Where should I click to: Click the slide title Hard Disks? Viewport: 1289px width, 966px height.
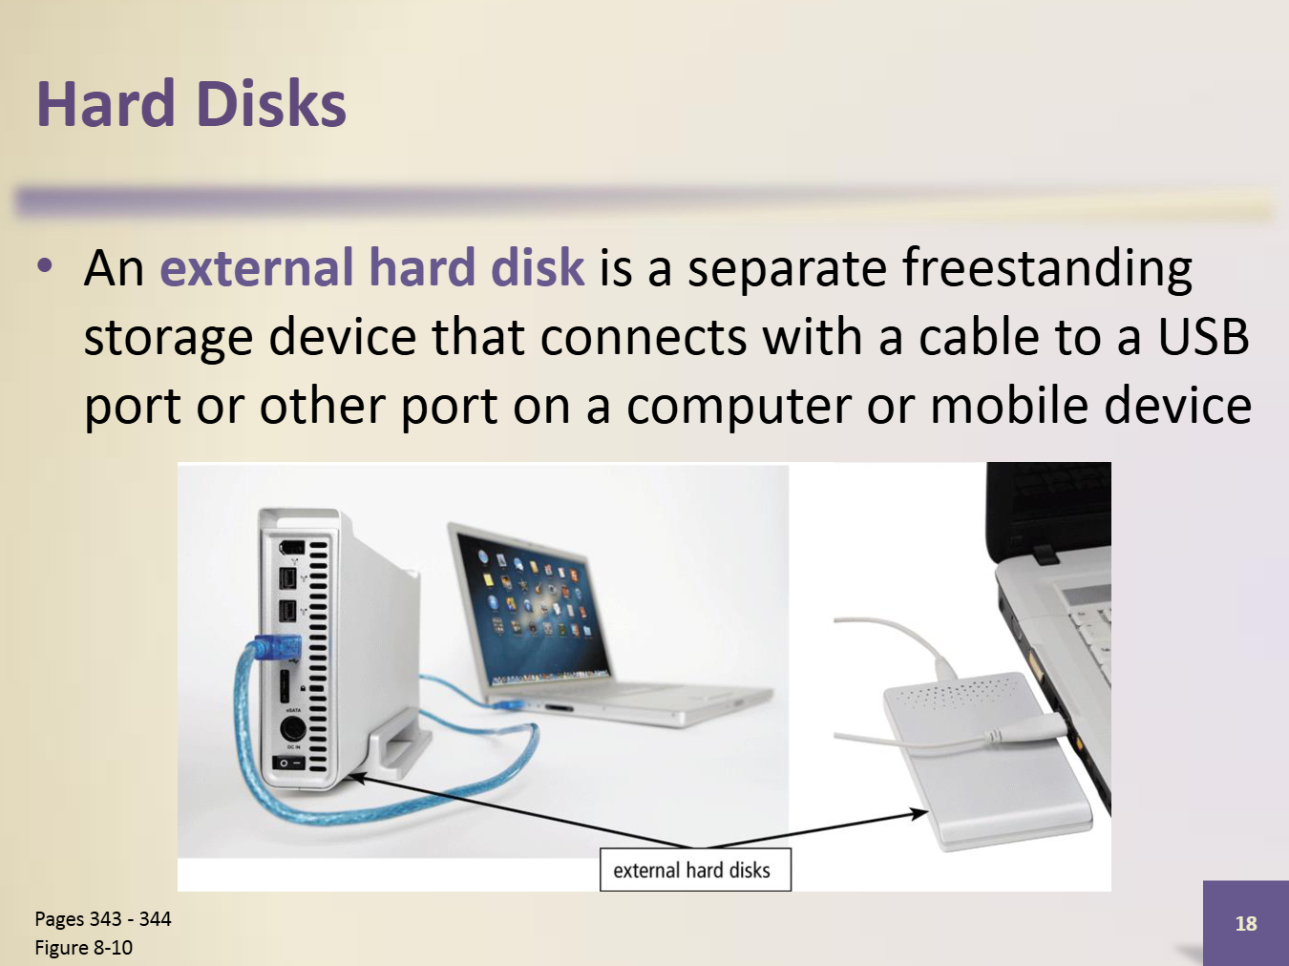coord(192,104)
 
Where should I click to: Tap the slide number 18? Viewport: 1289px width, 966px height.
coord(1246,923)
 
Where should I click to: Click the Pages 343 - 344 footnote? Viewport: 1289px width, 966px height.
coord(103,918)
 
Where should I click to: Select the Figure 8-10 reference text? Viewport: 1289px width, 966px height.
coord(83,947)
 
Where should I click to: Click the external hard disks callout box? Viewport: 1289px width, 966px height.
coord(695,870)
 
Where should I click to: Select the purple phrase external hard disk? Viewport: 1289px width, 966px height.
coord(372,267)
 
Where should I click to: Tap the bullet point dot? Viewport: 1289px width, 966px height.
coord(45,267)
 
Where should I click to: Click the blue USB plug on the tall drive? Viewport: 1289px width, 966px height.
coord(277,647)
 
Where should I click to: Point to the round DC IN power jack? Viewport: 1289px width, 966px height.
coord(291,729)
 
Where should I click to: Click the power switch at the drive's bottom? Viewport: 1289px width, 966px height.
coord(289,763)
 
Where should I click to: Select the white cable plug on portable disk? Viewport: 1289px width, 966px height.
coord(1025,730)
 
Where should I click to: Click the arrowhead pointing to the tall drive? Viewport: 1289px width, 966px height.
coord(356,779)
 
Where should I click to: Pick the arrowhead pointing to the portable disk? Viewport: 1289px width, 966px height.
coord(919,813)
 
